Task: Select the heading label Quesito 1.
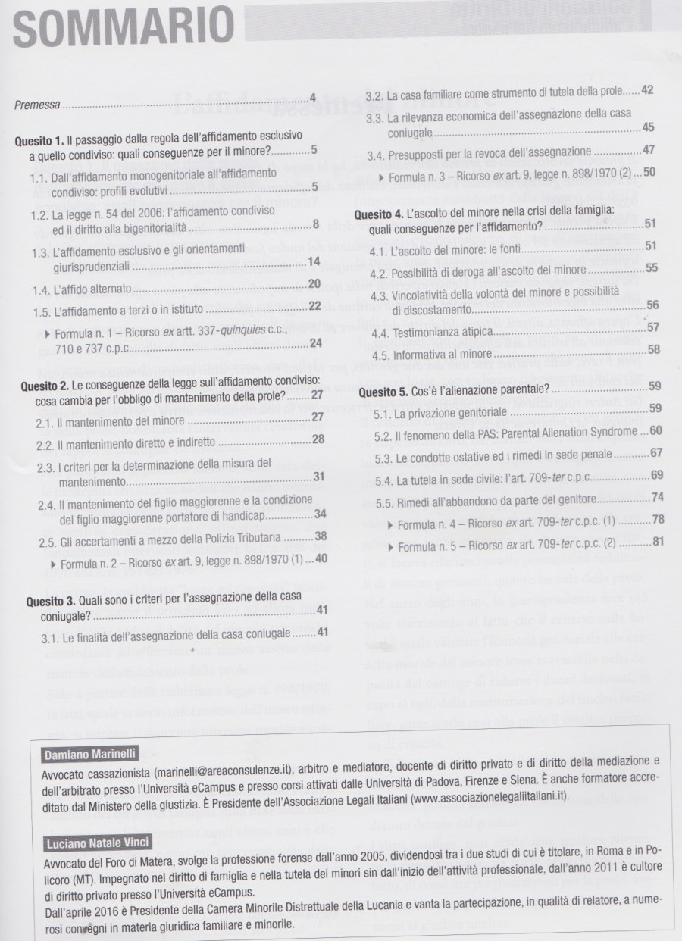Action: [x=39, y=142]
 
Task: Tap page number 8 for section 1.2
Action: [x=316, y=224]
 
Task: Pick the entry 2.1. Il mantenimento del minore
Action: [x=109, y=417]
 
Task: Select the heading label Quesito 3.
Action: [x=39, y=597]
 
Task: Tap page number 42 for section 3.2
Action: [x=647, y=91]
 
